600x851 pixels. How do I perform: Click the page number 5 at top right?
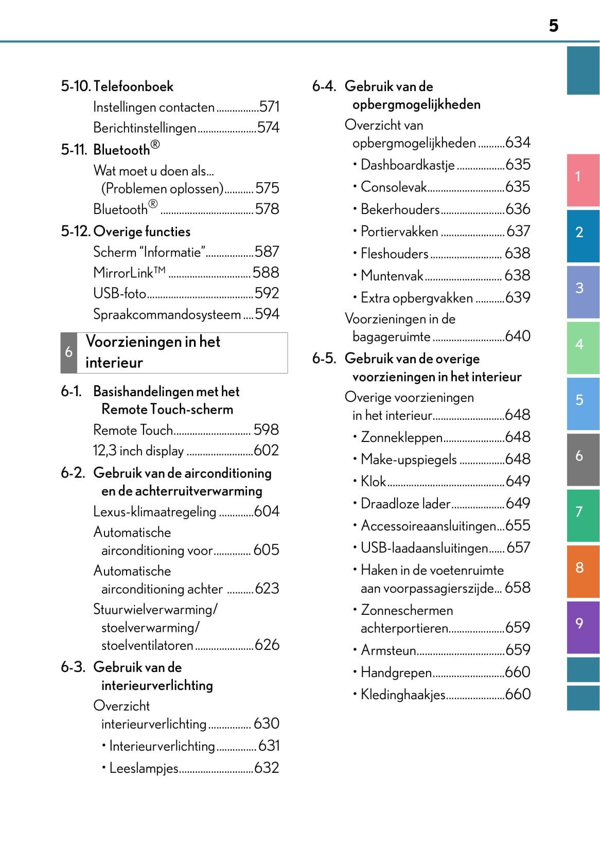(553, 26)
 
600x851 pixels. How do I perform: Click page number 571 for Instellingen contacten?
(269, 107)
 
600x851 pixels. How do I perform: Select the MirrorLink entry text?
(129, 273)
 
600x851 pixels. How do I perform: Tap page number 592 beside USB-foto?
(267, 293)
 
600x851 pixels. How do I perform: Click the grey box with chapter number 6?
(69, 352)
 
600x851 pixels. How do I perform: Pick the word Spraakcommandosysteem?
(167, 314)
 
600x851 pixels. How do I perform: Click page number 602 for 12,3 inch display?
(267, 451)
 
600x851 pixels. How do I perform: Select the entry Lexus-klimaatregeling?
(154, 512)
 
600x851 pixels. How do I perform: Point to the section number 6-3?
(73, 667)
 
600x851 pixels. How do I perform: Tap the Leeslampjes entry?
(144, 768)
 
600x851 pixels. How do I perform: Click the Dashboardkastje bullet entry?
(408, 165)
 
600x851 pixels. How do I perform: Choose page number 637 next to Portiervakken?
(518, 232)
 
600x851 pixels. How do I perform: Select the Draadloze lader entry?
(405, 504)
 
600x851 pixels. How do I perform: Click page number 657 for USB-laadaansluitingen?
(518, 548)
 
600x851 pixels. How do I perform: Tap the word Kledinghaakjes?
(403, 695)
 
